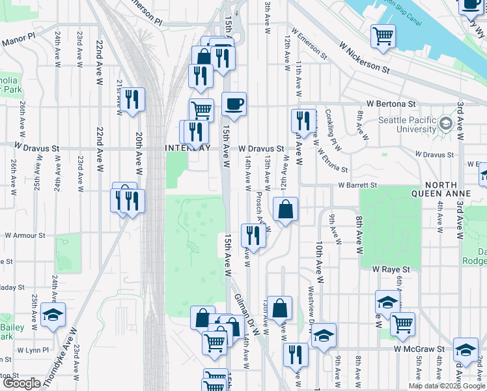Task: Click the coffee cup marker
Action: point(234,103)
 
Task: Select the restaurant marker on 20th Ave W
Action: point(132,100)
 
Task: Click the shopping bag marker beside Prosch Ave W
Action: point(285,210)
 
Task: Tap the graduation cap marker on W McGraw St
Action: point(466,351)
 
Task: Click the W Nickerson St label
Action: point(364,57)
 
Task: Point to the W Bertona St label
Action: point(391,104)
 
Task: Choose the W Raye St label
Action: point(391,268)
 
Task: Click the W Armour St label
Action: point(25,235)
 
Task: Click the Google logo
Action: point(22,384)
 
